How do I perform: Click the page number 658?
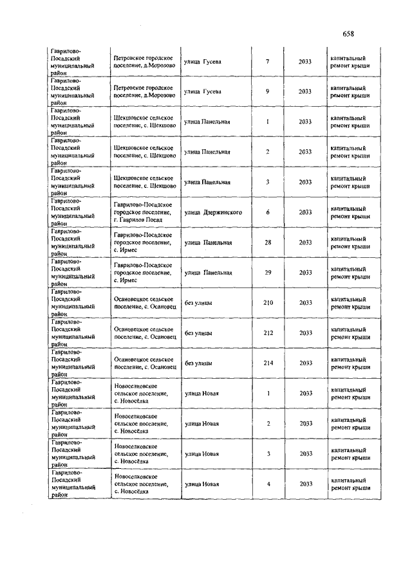point(349,34)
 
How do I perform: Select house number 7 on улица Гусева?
point(267,62)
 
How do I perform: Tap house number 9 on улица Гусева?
point(267,91)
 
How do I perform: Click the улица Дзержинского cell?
point(213,212)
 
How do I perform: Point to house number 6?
point(267,212)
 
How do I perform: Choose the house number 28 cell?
point(268,242)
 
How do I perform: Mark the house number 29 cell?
point(268,273)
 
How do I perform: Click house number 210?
point(268,302)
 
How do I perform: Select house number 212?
point(268,332)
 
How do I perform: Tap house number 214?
point(268,363)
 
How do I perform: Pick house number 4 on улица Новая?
point(268,484)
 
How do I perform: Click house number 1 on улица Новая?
point(268,393)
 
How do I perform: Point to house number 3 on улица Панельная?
point(267,182)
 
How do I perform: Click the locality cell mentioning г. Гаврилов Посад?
point(142,212)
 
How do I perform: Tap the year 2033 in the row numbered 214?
point(305,363)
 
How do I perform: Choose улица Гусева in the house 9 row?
point(203,91)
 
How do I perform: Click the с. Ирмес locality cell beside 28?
point(142,242)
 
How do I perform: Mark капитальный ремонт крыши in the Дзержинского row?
point(350,212)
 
